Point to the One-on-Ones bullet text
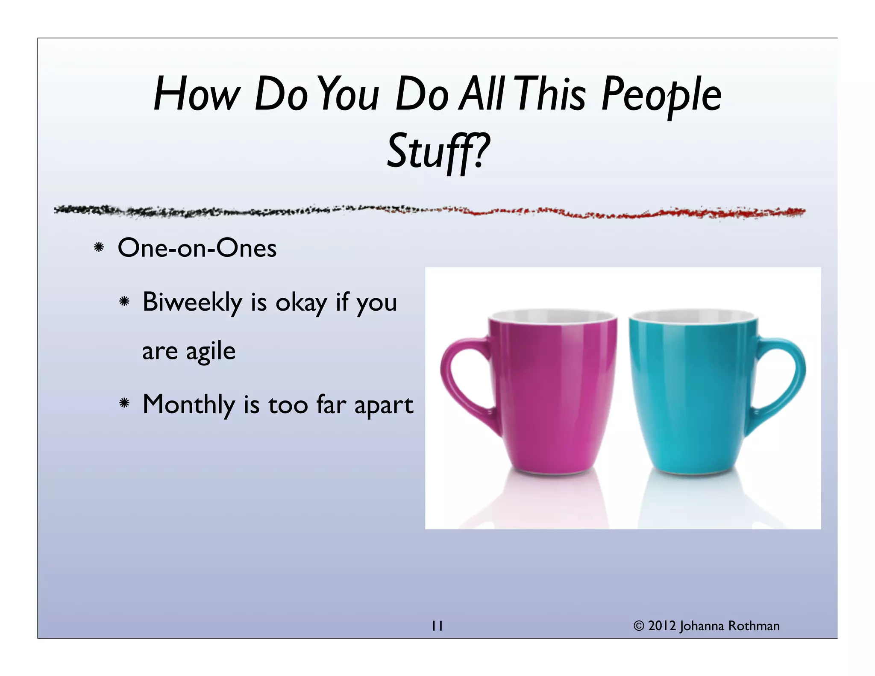(x=197, y=248)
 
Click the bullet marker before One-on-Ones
(x=99, y=247)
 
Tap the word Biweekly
(x=192, y=303)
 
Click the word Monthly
(x=188, y=405)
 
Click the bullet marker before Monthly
(x=124, y=403)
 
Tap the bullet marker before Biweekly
(x=124, y=302)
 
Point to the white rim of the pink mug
(x=553, y=317)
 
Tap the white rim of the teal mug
(x=693, y=317)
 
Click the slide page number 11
(x=437, y=626)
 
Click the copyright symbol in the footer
(x=638, y=626)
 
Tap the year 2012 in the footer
(x=662, y=626)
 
